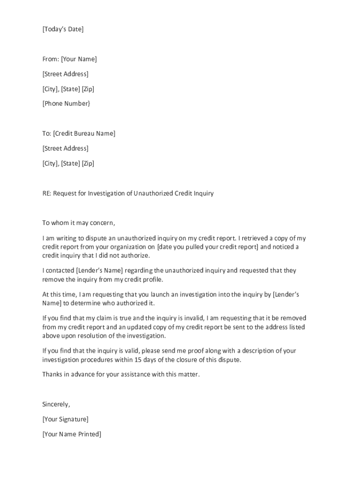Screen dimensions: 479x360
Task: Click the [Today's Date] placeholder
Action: [x=63, y=29]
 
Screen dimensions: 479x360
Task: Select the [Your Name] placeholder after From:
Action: [x=79, y=59]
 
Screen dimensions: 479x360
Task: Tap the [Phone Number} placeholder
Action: [x=66, y=103]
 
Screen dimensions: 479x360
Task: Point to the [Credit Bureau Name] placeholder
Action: [x=84, y=133]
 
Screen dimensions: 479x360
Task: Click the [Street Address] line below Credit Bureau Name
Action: [x=65, y=148]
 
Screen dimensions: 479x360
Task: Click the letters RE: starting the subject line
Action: [x=47, y=193]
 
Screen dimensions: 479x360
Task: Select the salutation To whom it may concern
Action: [x=79, y=223]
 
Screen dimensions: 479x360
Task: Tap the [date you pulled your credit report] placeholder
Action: [x=208, y=247]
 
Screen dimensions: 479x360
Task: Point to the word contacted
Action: [x=61, y=270]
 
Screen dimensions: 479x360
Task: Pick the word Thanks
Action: [x=52, y=374]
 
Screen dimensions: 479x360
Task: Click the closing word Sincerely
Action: [x=56, y=404]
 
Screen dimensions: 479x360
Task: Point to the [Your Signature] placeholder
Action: [x=65, y=419]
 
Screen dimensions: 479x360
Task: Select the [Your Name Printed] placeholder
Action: [x=72, y=434]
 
